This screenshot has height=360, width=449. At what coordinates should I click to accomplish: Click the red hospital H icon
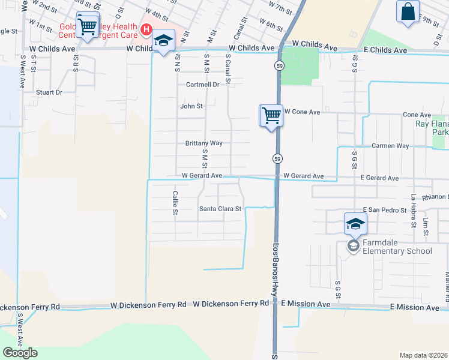coord(145,29)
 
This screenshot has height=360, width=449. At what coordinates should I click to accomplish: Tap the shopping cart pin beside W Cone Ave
coord(271,115)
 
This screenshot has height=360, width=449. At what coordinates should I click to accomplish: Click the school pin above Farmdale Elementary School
coord(355,224)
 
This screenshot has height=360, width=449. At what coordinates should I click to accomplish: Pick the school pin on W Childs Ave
coord(163,41)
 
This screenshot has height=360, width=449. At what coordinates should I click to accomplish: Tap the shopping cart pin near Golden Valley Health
coord(88,25)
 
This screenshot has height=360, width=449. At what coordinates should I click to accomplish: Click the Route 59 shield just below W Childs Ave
coord(280,65)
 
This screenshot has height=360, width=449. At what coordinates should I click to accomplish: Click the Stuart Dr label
coord(49,92)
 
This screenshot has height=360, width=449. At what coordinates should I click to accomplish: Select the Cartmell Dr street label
coord(202,85)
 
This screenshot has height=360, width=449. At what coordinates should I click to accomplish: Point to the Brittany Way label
coord(204,143)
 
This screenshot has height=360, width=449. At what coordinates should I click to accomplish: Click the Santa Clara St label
coord(220,209)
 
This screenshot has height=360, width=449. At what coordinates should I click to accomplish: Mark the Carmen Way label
coord(390,146)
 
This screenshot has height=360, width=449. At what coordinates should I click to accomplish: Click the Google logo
coord(20,353)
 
